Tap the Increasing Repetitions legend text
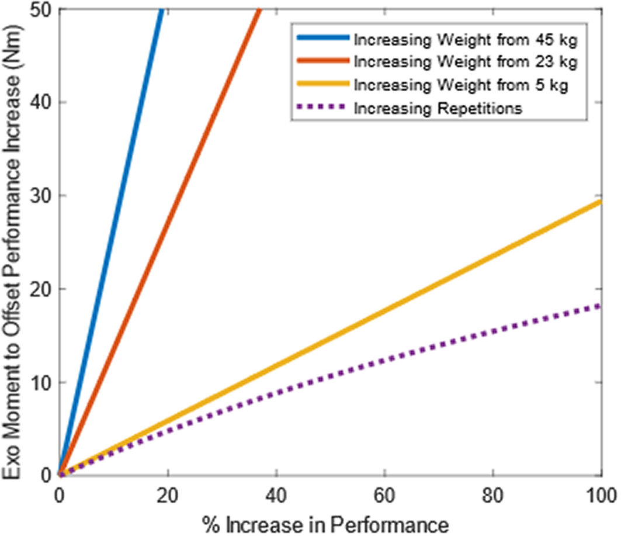(x=438, y=108)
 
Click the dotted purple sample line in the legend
(x=322, y=108)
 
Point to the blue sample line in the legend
(x=322, y=39)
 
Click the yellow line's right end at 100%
(x=601, y=202)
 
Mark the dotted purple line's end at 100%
(x=601, y=305)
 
